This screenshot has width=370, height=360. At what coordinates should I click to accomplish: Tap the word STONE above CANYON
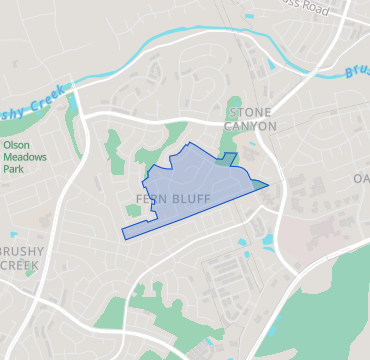[250, 112]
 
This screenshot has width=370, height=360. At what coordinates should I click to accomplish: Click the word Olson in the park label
[16, 145]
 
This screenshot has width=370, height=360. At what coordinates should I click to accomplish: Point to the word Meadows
[26, 157]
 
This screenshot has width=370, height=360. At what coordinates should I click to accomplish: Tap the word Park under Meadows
[15, 169]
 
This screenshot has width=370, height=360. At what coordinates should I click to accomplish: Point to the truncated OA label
[360, 179]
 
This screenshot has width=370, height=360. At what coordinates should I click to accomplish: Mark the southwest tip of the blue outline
[124, 236]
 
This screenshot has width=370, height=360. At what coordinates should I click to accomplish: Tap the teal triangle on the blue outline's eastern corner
[260, 183]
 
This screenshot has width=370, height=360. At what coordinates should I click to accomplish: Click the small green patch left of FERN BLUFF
[133, 209]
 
